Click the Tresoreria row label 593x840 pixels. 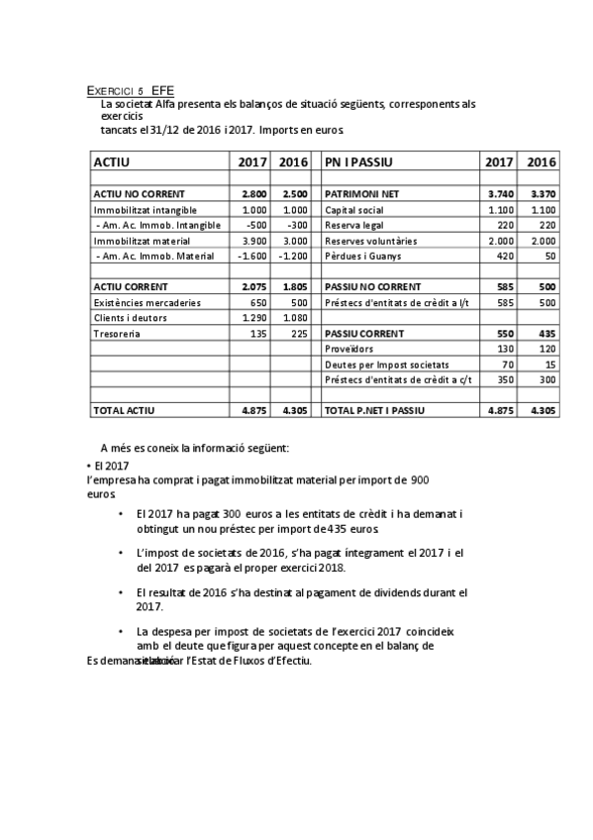pyautogui.click(x=117, y=334)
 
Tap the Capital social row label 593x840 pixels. pyautogui.click(x=356, y=210)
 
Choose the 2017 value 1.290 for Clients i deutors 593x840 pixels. pyautogui.click(x=254, y=318)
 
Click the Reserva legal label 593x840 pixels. pyautogui.click(x=355, y=225)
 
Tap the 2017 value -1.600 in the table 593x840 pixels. pyautogui.click(x=253, y=256)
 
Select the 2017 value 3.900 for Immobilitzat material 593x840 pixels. pyautogui.click(x=254, y=241)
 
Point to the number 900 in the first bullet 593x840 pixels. pyautogui.click(x=419, y=480)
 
